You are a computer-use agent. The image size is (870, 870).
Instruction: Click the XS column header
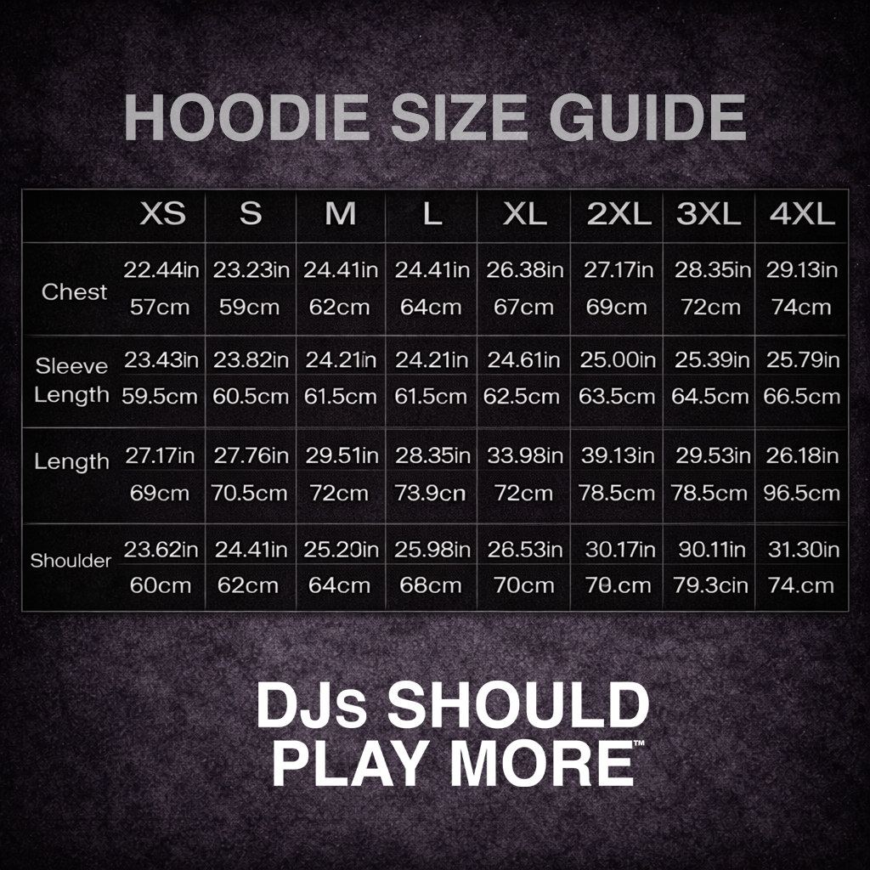coord(162,213)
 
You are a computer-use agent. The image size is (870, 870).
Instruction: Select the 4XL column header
coord(802,213)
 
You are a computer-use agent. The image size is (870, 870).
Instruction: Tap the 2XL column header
coord(619,213)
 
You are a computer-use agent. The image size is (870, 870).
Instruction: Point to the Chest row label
coord(75,291)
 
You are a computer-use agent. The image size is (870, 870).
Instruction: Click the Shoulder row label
coord(71,561)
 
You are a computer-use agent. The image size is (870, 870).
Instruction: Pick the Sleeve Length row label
coord(72,381)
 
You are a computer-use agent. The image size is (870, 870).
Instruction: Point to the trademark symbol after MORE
coord(639,744)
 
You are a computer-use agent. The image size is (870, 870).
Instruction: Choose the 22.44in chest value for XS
coord(161,270)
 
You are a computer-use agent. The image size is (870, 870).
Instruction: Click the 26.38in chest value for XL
coord(525,270)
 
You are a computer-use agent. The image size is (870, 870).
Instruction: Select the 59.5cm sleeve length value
coord(160,396)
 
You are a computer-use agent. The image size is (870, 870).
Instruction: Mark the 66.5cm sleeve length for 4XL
coord(803,396)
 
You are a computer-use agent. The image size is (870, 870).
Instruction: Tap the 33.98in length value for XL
coord(525,455)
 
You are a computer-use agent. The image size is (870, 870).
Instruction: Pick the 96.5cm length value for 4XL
coord(803,493)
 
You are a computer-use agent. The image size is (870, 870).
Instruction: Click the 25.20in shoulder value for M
coord(342,550)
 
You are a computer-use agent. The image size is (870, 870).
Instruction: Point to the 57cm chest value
coord(160,307)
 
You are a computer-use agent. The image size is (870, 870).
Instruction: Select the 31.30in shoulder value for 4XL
coord(803,550)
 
